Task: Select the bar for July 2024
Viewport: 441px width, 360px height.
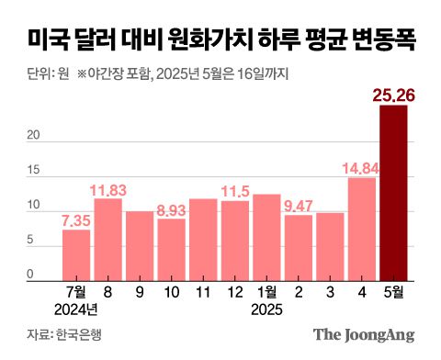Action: pyautogui.click(x=76, y=253)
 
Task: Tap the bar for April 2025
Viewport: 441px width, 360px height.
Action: pyautogui.click(x=362, y=226)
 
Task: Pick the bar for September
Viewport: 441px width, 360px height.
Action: pyautogui.click(x=140, y=243)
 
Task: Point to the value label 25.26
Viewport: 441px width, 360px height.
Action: pyautogui.click(x=392, y=94)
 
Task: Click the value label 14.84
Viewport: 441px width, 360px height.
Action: pyautogui.click(x=361, y=167)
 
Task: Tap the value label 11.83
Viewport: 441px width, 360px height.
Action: pyautogui.click(x=108, y=189)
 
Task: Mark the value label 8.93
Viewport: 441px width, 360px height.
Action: pyautogui.click(x=172, y=209)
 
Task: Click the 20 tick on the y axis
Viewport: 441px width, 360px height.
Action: pyautogui.click(x=32, y=136)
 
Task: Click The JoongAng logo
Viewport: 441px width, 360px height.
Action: pyautogui.click(x=364, y=334)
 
